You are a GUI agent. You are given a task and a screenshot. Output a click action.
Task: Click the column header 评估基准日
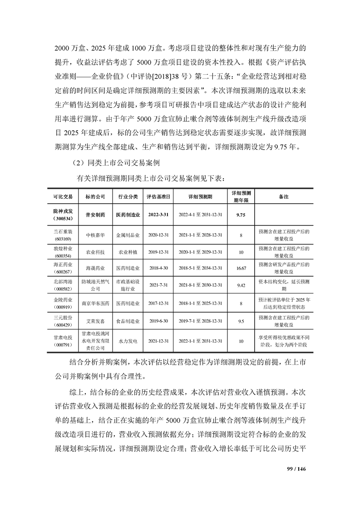pos(158,196)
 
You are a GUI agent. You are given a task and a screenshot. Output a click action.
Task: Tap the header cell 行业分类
pos(128,196)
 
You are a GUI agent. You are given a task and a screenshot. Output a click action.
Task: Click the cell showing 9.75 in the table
pos(241,215)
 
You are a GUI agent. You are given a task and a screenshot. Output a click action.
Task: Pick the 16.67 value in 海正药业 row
pos(241,268)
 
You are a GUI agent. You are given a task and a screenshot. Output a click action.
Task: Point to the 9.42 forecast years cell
pos(241,286)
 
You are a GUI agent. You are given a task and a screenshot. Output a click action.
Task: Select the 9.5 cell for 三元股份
pos(241,321)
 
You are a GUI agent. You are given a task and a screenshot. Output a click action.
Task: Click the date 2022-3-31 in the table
pos(158,215)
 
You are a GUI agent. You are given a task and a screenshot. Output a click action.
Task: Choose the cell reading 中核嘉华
pos(95,235)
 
